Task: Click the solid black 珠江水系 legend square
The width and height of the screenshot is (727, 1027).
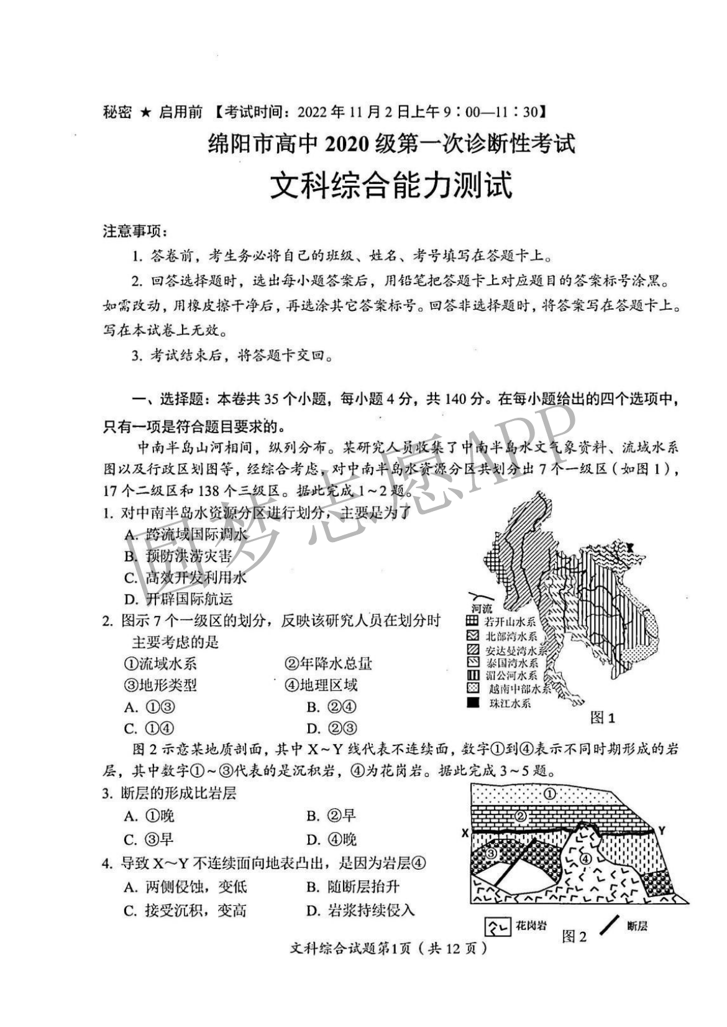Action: tap(473, 703)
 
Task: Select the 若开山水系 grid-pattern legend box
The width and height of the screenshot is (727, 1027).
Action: tap(473, 620)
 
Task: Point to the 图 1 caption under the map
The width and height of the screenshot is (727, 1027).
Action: tap(602, 718)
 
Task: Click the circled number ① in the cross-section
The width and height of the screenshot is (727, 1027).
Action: tap(550, 794)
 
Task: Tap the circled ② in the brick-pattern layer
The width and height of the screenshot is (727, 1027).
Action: tap(521, 816)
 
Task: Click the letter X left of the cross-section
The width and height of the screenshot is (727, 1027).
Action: tap(465, 833)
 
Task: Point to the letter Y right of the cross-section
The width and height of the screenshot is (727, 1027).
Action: tap(662, 831)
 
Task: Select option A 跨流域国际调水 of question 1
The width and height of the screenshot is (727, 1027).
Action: tap(186, 534)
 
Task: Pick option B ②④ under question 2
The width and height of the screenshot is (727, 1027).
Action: tap(331, 707)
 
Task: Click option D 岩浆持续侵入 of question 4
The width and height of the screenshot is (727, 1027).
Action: tap(360, 911)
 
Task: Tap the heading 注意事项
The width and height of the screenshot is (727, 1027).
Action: tap(135, 232)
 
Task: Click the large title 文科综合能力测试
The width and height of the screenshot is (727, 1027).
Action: tap(391, 186)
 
